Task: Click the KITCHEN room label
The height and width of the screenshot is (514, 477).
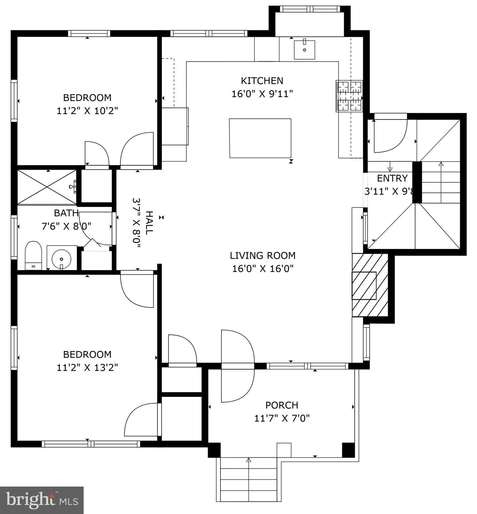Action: point(262,81)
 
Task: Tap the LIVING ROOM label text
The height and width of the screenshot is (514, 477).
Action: point(263,256)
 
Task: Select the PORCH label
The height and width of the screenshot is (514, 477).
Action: point(282,405)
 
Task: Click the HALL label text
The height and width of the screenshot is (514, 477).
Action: point(149,223)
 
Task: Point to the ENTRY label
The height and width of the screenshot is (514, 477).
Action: point(392,178)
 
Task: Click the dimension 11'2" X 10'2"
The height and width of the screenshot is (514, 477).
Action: point(87,111)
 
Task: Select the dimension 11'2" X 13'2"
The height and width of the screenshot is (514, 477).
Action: point(87,367)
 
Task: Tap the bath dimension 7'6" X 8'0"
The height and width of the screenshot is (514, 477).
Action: point(66,226)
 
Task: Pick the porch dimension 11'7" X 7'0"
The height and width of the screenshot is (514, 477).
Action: point(282,418)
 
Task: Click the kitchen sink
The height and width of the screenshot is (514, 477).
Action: point(304,50)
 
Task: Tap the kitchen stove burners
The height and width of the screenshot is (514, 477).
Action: point(349,96)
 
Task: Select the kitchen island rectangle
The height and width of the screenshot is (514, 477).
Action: point(260,138)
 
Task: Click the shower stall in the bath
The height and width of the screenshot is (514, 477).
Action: point(46,187)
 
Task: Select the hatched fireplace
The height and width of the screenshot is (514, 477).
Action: point(369,285)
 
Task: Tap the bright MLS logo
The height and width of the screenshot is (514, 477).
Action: point(42,500)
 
